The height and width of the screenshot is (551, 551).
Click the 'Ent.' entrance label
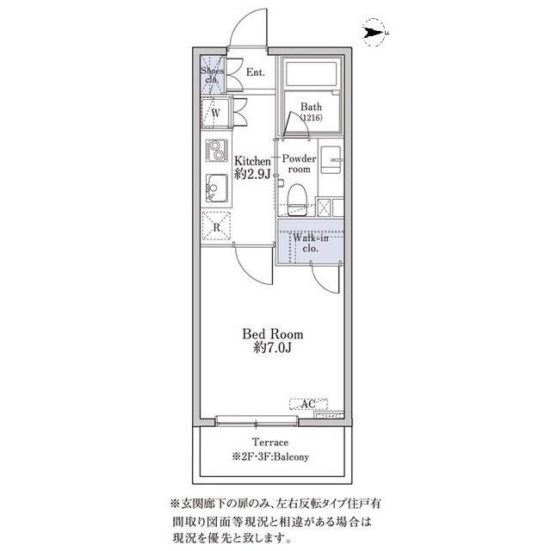[x=255, y=73]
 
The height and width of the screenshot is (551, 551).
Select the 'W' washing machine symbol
[x=215, y=112]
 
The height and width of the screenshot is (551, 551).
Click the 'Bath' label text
[x=310, y=108]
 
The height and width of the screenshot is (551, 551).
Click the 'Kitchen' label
[x=253, y=161]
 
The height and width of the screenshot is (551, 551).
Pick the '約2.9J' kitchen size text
[x=253, y=174]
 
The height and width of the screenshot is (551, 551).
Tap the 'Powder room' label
[x=300, y=164]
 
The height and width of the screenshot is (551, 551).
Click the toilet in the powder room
[x=299, y=195]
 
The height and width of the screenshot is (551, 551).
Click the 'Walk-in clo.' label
[x=309, y=242]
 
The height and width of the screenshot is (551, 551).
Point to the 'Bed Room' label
[x=272, y=334]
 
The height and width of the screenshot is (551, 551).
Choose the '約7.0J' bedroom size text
[x=272, y=349]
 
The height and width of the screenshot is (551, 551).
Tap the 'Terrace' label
[x=270, y=443]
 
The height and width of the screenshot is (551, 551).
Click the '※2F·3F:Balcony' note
[x=270, y=456]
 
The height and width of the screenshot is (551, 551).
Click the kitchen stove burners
[x=214, y=150]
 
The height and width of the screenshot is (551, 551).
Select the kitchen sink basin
[x=214, y=187]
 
